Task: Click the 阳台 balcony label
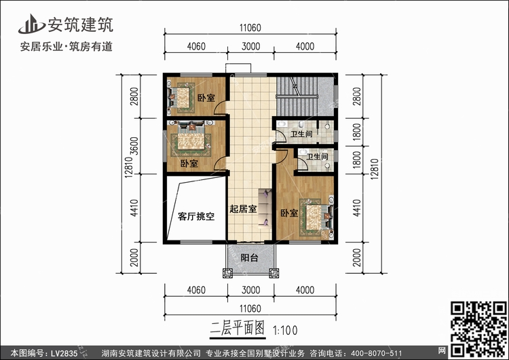click(x=249, y=258)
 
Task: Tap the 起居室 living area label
click(x=243, y=209)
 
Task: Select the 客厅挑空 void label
click(x=196, y=217)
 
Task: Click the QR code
click(x=478, y=329)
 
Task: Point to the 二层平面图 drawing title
click(x=238, y=329)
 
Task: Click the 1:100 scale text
click(x=285, y=331)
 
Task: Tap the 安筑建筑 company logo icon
click(x=31, y=24)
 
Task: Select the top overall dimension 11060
click(x=250, y=28)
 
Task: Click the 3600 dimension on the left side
click(x=134, y=146)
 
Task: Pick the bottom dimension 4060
click(x=196, y=290)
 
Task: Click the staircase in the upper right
click(x=297, y=96)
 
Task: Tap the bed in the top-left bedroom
click(x=180, y=98)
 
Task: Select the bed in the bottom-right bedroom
click(x=316, y=217)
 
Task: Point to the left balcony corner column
click(x=227, y=273)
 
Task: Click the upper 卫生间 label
click(x=301, y=134)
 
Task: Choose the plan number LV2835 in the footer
click(x=64, y=353)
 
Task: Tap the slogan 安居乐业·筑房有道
click(x=67, y=47)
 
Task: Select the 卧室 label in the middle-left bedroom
click(x=189, y=164)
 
